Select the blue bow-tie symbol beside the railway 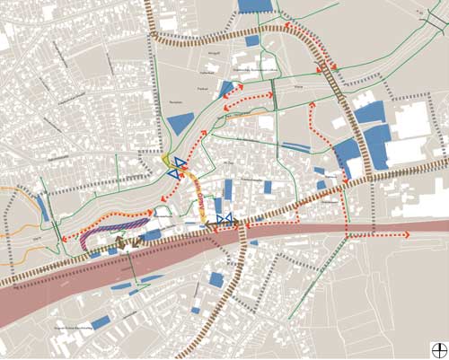[x=224, y=218]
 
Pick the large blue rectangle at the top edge [x=256, y=5]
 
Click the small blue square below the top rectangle [x=252, y=40]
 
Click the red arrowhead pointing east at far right [x=406, y=234]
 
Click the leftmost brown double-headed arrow [x=126, y=241]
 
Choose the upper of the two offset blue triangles [x=180, y=162]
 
